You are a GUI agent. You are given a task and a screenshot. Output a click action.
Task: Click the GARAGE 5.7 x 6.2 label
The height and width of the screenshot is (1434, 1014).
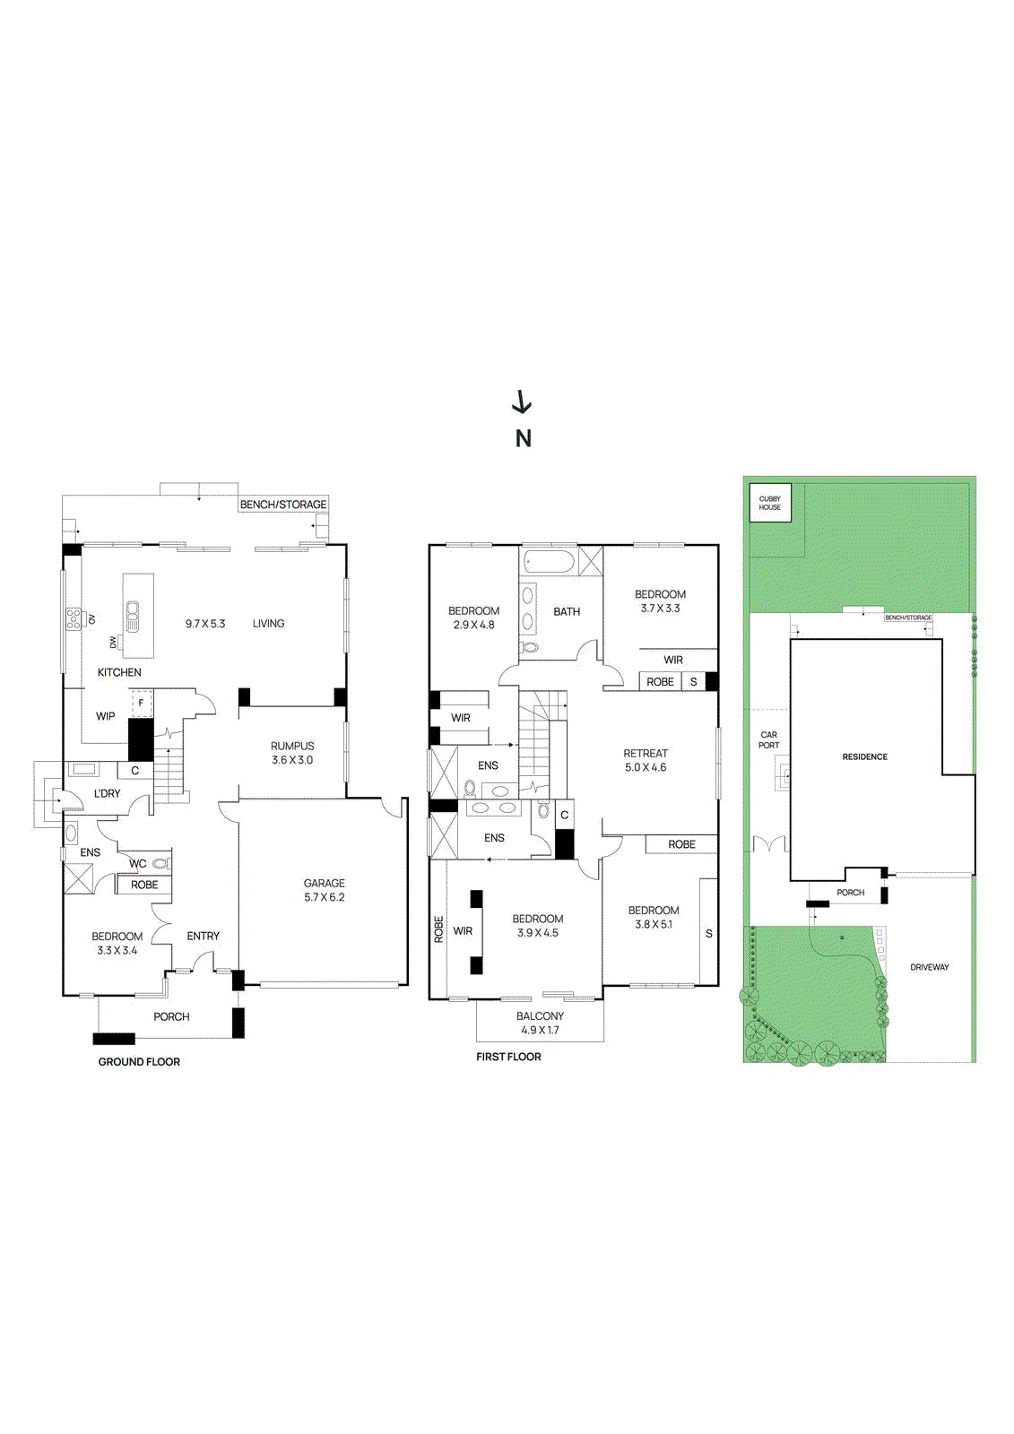click(x=324, y=890)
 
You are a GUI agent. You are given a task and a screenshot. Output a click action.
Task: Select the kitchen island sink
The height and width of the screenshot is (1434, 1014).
click(x=134, y=612)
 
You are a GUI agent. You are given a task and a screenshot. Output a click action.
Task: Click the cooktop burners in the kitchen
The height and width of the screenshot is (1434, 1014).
click(x=73, y=618)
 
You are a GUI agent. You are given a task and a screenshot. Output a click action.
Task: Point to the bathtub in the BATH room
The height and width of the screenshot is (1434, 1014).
click(x=549, y=564)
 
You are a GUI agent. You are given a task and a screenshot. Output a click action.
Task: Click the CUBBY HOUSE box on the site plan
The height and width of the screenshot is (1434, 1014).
click(x=770, y=503)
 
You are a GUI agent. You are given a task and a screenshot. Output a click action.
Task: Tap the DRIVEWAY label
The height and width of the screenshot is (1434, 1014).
click(x=929, y=967)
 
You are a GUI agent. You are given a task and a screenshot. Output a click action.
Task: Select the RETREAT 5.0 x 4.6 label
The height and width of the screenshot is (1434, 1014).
click(x=646, y=760)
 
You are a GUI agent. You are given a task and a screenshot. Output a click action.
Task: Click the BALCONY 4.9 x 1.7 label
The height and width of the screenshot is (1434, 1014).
click(x=540, y=1023)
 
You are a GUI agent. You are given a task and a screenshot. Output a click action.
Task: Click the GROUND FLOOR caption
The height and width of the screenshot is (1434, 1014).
click(x=139, y=1062)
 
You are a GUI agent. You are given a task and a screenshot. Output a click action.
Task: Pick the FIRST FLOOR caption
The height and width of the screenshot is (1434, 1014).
click(x=508, y=1057)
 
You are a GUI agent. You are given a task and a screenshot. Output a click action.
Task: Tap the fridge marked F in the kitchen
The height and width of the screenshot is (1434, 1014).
click(x=141, y=704)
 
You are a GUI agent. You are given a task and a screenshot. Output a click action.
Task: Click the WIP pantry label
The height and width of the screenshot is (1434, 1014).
click(x=106, y=716)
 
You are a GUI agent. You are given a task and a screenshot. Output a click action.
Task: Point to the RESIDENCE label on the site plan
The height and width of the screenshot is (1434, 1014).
click(x=864, y=757)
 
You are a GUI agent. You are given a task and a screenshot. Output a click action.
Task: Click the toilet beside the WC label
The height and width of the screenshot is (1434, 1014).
click(x=160, y=864)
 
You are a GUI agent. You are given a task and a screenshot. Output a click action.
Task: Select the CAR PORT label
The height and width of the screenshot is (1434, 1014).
click(x=768, y=739)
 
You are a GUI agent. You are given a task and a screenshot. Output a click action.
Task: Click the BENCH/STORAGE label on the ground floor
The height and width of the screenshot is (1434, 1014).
click(x=282, y=505)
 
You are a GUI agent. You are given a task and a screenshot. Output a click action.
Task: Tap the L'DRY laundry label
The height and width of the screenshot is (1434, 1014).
click(x=107, y=793)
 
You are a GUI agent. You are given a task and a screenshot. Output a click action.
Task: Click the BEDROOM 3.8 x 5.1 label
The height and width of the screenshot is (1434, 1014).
click(x=654, y=917)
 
